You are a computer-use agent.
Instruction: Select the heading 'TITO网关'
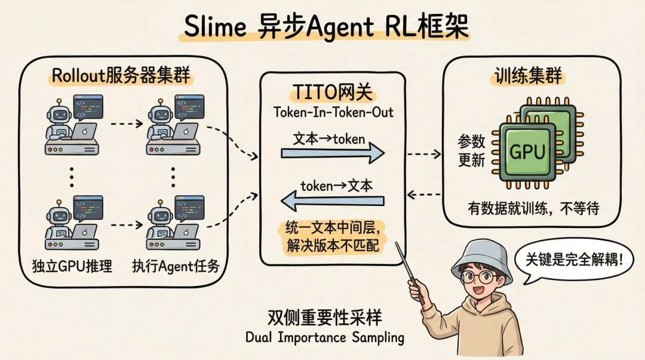(332, 93)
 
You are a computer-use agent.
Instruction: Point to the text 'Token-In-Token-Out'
(332, 112)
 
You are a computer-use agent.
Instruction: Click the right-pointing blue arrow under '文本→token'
(332, 154)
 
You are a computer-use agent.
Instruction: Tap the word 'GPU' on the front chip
(527, 152)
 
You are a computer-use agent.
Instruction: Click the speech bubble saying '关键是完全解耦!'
(573, 260)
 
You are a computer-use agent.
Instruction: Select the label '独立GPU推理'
(72, 266)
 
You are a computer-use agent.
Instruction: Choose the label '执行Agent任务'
(175, 266)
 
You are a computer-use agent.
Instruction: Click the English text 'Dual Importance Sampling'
(324, 337)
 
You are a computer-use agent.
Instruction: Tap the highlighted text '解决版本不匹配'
(332, 246)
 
